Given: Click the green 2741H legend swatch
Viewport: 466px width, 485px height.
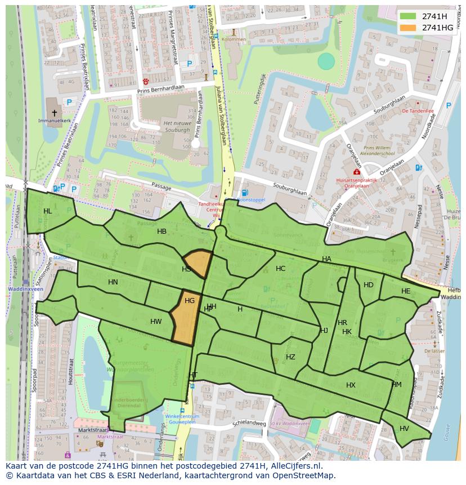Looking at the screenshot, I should [408, 16].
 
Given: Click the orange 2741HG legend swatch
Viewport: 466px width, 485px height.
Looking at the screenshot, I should [408, 28].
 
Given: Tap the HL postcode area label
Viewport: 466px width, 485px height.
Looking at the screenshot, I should [48, 211].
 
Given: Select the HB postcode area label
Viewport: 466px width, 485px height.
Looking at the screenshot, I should [162, 232].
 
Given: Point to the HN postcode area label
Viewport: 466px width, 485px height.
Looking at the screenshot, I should [113, 282].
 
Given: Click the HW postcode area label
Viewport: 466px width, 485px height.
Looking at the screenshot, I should [156, 322].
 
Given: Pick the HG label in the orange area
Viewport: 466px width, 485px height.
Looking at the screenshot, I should [190, 301].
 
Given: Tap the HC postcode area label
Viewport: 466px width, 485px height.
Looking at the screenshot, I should [280, 269].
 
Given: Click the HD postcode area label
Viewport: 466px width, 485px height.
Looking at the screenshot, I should [369, 285].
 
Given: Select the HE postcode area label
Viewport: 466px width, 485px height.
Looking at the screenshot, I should [406, 291].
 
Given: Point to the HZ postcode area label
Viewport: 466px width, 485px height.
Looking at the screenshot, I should [290, 357].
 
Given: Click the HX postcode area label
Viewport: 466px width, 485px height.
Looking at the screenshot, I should [351, 385].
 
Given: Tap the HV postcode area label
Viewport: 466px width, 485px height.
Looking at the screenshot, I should [404, 429].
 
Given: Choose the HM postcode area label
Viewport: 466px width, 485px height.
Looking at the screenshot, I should [397, 385].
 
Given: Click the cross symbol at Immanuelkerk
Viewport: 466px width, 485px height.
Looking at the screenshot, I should [54, 113].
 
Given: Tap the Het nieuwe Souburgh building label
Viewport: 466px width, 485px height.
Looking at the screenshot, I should [177, 126].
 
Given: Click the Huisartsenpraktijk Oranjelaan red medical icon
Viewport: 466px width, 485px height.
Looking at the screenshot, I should [356, 172].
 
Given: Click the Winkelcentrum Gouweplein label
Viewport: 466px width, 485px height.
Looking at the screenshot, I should [182, 420].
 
